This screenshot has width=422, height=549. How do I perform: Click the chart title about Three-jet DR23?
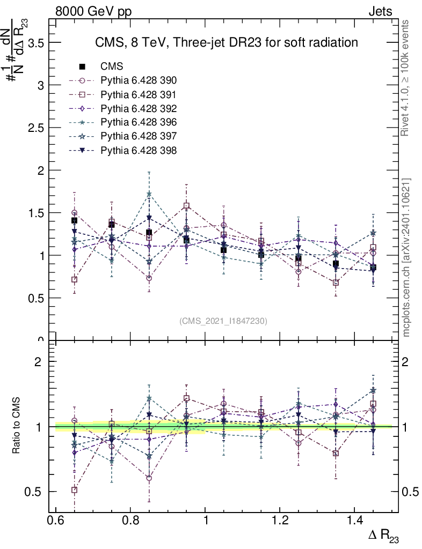click(225, 42)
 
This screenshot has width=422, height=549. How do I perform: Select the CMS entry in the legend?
click(112, 67)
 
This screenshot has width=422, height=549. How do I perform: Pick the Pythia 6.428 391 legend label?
click(139, 95)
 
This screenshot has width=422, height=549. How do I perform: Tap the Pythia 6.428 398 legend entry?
click(139, 151)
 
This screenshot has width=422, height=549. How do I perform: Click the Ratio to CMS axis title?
click(17, 426)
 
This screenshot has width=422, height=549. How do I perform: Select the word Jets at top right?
click(380, 11)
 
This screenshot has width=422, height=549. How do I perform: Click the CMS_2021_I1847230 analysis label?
click(223, 321)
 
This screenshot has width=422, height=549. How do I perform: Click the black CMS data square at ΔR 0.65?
click(74, 220)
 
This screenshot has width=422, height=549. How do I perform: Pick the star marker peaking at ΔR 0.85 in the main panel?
click(149, 194)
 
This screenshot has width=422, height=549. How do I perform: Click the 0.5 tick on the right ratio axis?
click(410, 492)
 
